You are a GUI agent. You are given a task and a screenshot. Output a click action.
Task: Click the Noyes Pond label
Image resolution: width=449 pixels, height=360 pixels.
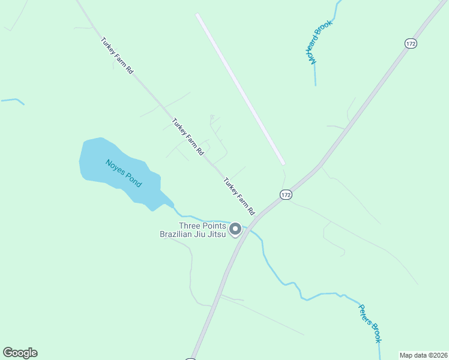click(x=124, y=173)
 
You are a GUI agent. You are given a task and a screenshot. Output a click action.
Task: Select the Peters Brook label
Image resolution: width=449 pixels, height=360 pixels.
click(x=370, y=323)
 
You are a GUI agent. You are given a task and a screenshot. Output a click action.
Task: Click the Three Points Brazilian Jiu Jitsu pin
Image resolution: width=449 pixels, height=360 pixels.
click(x=236, y=229)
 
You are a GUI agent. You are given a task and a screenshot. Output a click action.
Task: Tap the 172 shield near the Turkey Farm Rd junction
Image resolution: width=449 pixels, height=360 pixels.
click(x=286, y=194)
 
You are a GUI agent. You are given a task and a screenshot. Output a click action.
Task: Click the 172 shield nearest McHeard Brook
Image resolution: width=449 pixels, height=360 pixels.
click(x=411, y=43)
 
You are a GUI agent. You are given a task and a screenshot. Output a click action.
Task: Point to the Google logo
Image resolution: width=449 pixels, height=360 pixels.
click(x=20, y=353)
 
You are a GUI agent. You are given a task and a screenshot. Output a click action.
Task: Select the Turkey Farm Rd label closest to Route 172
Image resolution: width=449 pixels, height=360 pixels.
click(x=240, y=196)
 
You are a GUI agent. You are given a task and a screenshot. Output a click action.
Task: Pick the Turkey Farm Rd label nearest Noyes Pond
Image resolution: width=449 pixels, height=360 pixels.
click(x=188, y=137)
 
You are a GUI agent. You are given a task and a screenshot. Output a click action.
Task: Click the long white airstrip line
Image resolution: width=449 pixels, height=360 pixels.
click(x=240, y=89)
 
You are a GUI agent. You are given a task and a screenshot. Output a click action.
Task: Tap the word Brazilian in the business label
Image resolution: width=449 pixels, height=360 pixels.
click(x=176, y=234)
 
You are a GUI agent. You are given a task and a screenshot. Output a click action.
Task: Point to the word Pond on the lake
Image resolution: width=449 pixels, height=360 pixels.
click(x=134, y=180)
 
